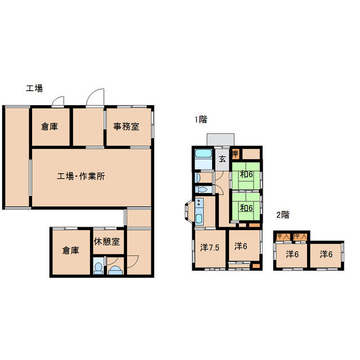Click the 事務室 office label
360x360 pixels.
click(126, 127)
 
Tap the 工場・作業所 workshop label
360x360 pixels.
click(81, 176)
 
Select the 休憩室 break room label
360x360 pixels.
click(107, 241)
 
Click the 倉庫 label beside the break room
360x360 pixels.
click(70, 250)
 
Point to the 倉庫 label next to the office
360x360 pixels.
click(49, 127)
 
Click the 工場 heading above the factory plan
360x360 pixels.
click(34, 88)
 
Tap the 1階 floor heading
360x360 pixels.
click(201, 119)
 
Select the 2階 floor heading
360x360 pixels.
click(283, 215)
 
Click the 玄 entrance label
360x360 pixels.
click(222, 159)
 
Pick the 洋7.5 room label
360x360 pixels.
click(210, 247)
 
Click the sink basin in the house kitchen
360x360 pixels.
click(199, 219)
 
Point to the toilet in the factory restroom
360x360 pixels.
click(98, 268)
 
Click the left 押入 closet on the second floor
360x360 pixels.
click(282, 236)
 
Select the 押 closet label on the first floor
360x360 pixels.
click(235, 154)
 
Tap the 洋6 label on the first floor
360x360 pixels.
click(241, 246)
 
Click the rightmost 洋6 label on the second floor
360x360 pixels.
click(326, 254)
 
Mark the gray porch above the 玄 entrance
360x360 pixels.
click(220, 139)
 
